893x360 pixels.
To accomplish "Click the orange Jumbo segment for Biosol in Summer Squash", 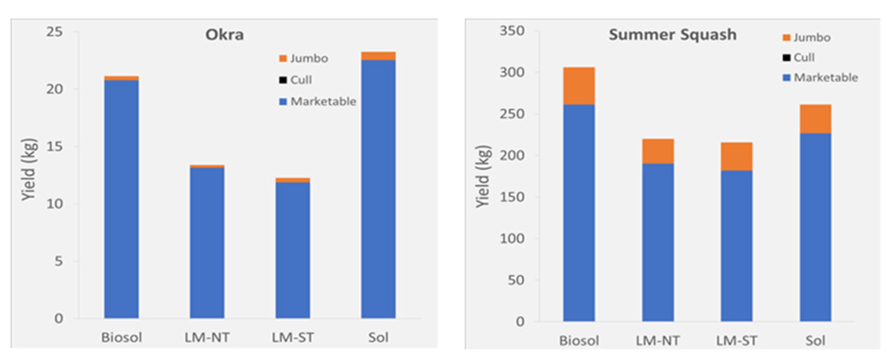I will coord(579,86).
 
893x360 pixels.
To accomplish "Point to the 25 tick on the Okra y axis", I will coord(57,33).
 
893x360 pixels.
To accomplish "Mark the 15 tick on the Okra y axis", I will coord(57,147).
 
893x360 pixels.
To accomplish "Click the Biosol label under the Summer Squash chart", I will coord(579,339).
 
